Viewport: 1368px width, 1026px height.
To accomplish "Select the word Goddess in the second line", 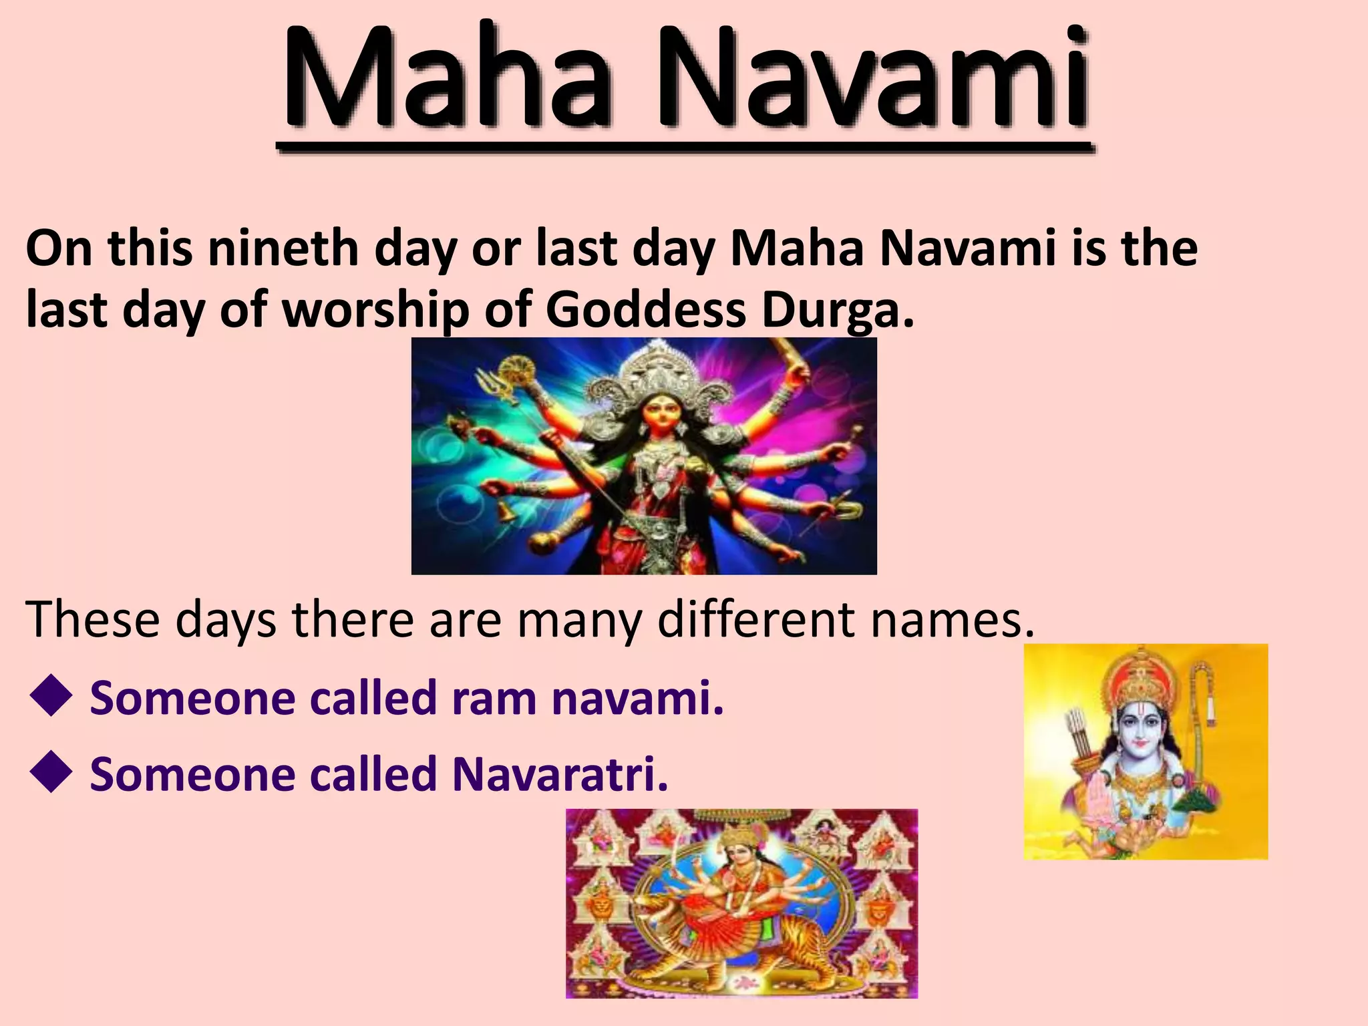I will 645,310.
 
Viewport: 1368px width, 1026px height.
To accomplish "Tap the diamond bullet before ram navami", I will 51,699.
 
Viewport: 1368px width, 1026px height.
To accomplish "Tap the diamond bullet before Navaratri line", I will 51,775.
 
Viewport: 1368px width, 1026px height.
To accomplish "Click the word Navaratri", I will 560,775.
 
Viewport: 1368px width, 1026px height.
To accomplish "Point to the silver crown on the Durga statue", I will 649,377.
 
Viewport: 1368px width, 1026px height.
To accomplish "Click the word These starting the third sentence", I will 94,620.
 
